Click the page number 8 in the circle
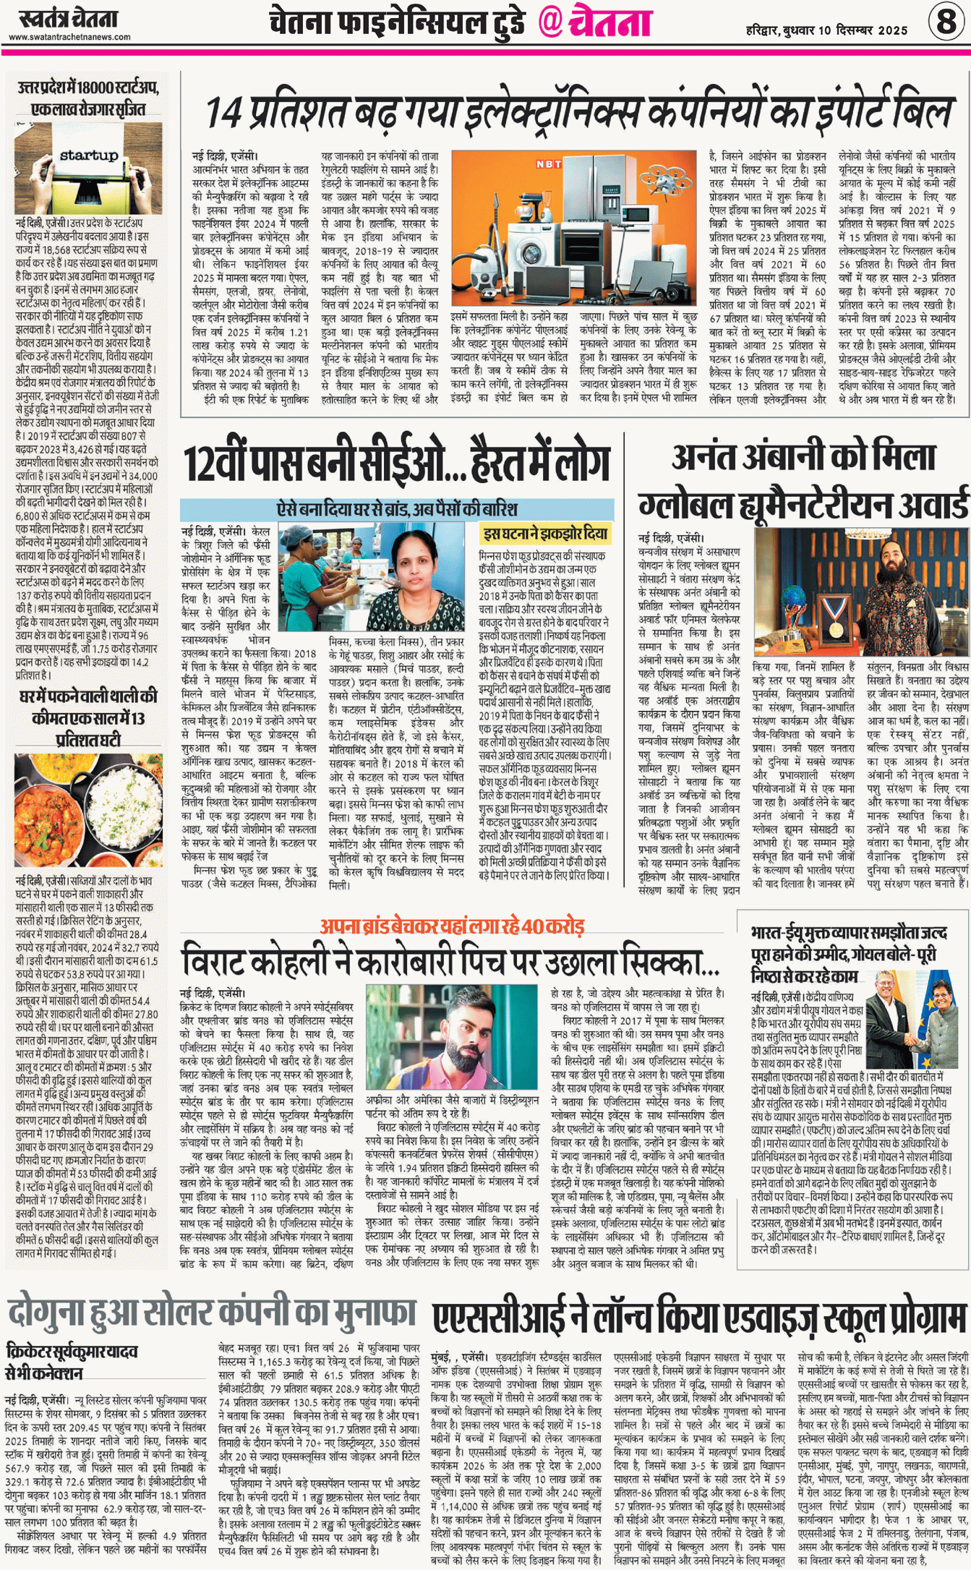point(946,22)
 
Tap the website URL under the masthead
point(69,37)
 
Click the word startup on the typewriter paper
point(89,155)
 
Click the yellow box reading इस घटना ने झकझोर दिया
point(545,534)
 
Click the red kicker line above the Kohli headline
point(452,926)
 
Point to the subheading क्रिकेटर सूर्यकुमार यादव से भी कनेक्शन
point(71,1361)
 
